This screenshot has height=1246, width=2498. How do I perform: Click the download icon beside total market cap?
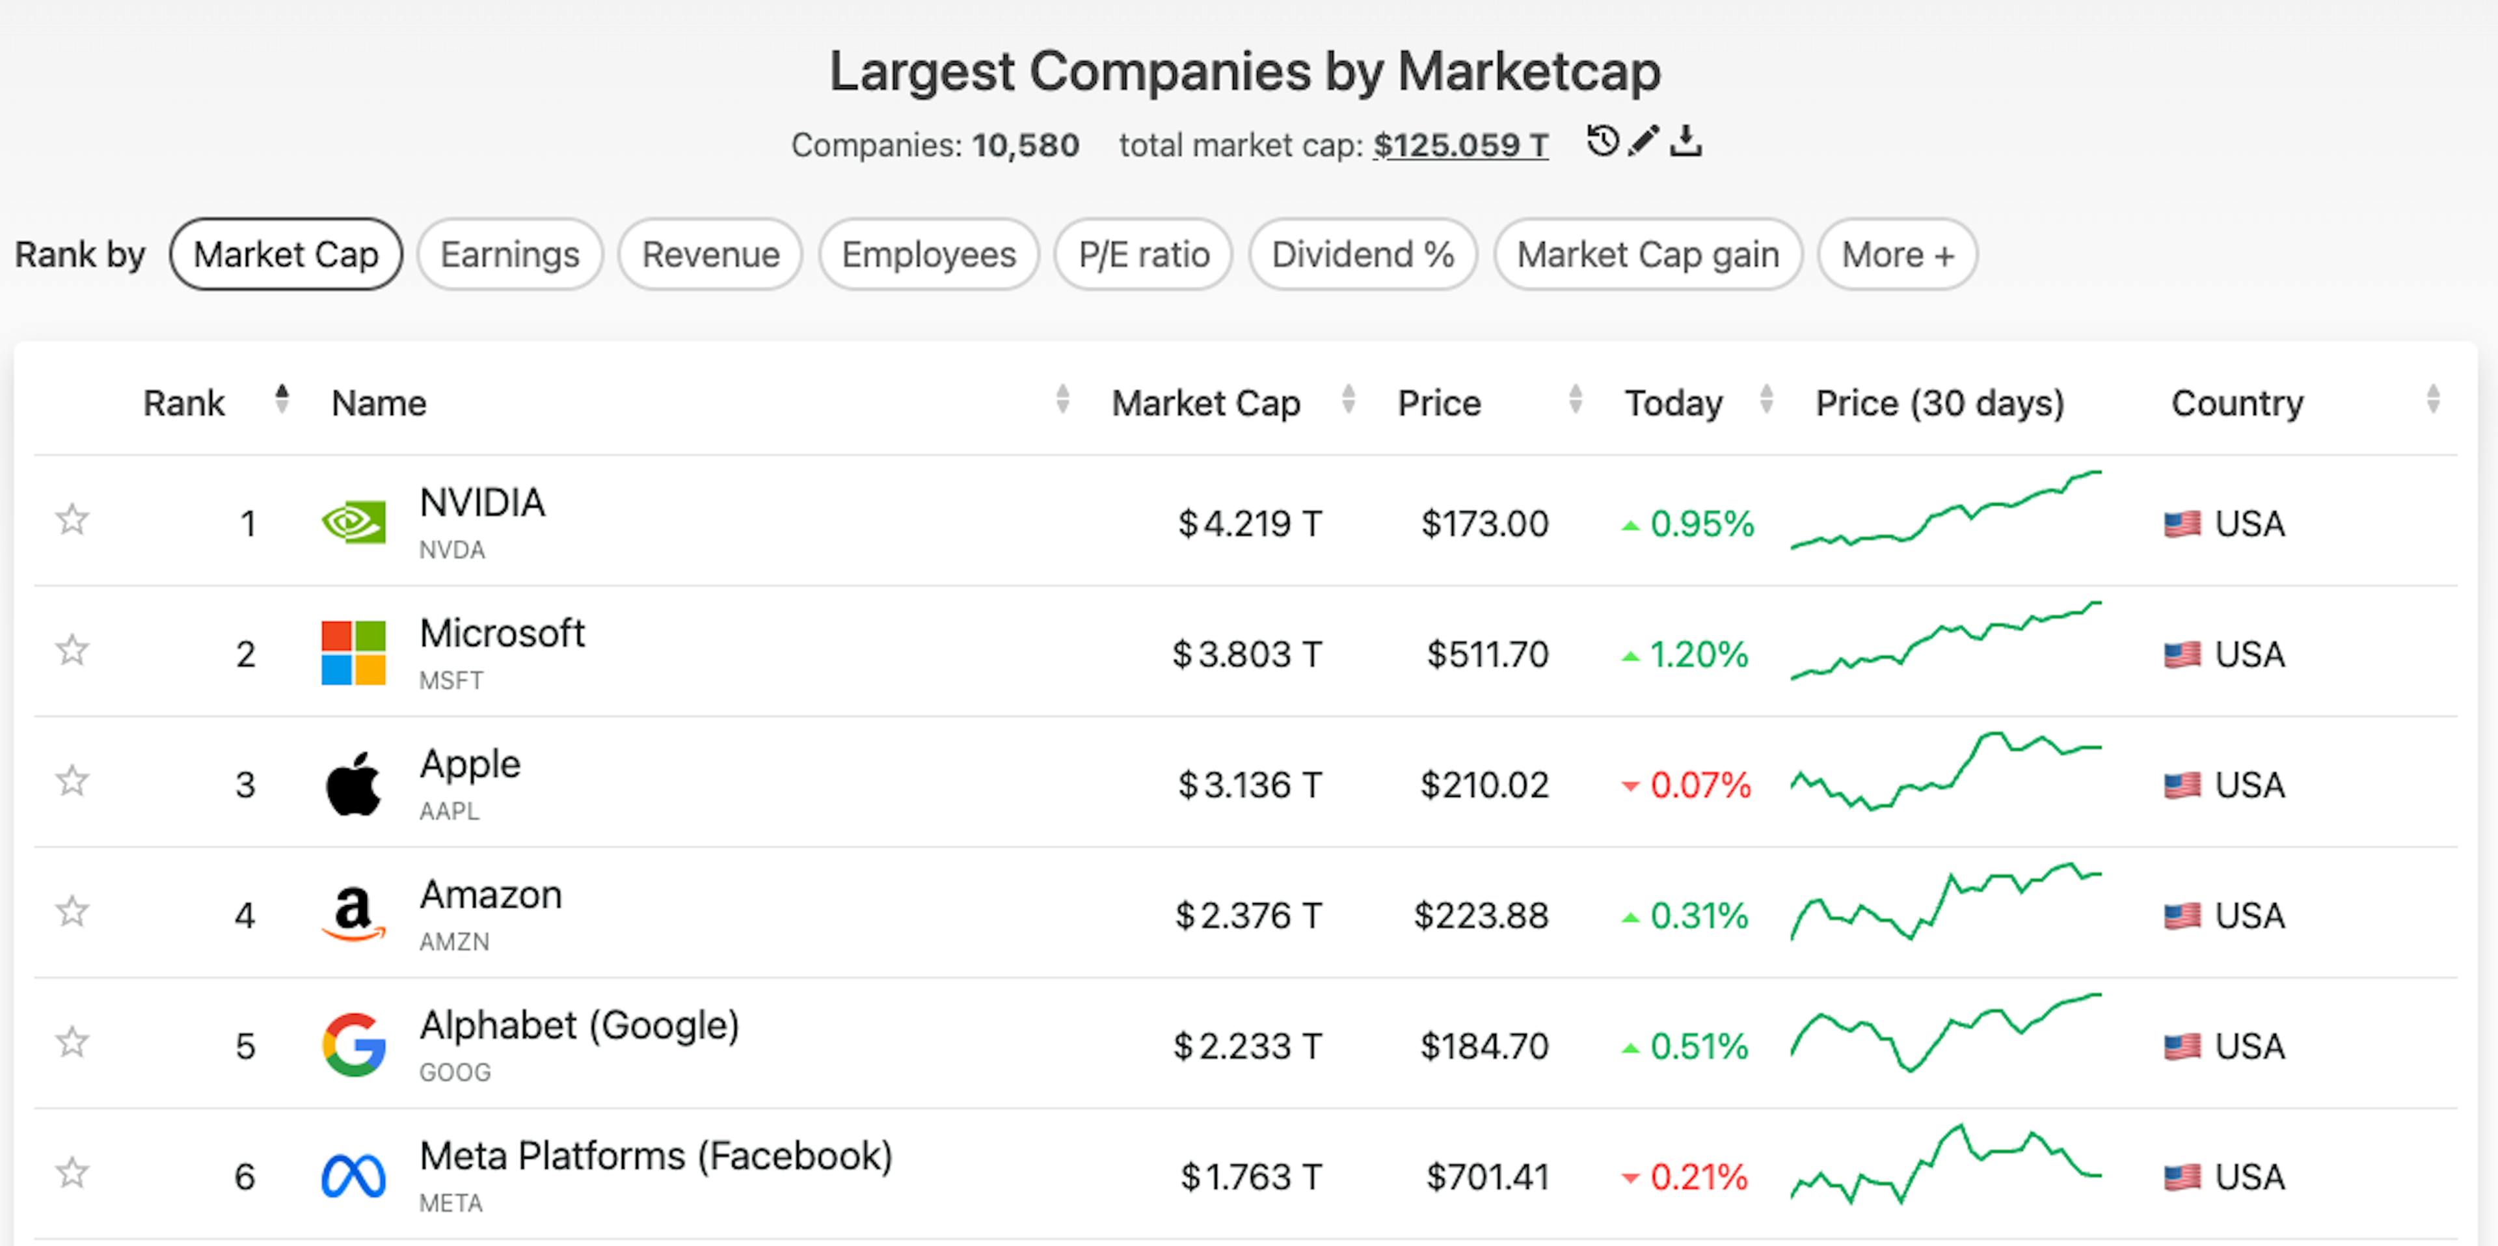1686,142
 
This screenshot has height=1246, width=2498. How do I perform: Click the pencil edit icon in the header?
1644,142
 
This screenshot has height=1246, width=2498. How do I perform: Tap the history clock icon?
1602,142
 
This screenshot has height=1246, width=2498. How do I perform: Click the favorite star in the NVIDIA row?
72,520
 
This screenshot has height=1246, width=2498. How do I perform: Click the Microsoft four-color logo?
353,653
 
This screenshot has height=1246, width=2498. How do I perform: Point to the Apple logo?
353,783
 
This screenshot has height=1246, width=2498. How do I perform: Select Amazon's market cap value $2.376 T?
1248,915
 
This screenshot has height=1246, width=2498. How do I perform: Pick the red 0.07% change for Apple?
1699,785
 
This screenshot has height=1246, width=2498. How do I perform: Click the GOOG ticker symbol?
455,1072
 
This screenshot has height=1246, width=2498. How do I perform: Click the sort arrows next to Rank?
281,399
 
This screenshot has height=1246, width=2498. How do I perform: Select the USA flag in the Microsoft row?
2182,655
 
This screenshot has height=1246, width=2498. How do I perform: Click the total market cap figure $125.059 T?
1460,146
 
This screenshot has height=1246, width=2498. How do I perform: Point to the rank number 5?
245,1046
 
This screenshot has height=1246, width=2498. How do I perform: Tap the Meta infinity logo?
353,1176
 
